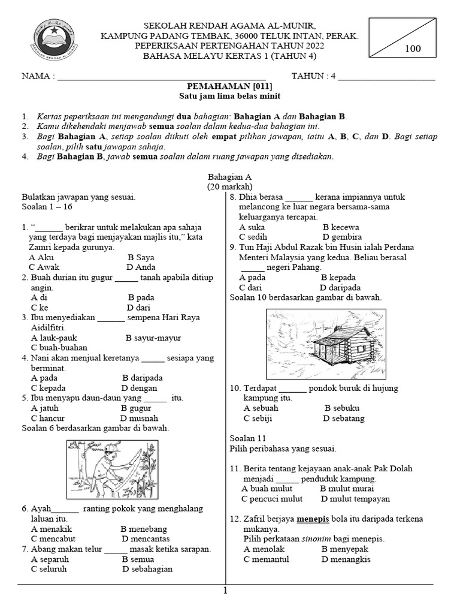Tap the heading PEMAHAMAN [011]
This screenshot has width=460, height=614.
click(230, 86)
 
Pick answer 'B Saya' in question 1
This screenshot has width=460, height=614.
click(141, 257)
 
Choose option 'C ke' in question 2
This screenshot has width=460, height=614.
click(40, 308)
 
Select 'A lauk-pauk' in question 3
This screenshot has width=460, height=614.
click(54, 338)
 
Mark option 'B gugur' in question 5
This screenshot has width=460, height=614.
click(137, 408)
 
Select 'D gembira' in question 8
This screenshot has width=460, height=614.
click(342, 237)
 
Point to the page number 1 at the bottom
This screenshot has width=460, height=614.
click(226, 591)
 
